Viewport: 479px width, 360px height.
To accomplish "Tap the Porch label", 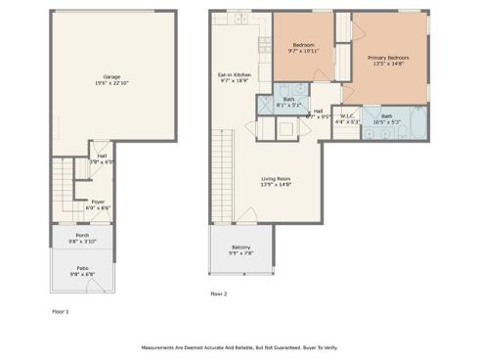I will [x=82, y=235].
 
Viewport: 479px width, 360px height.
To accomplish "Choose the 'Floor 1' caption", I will [x=61, y=311].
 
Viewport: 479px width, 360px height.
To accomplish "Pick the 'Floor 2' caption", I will [x=218, y=293].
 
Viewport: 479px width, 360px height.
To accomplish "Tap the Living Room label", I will [x=277, y=178].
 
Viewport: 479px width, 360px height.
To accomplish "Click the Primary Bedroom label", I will [x=388, y=58].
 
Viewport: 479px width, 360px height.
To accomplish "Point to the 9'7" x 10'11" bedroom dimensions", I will [x=303, y=49].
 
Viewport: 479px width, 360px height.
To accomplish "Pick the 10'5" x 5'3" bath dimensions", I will [x=387, y=123].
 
